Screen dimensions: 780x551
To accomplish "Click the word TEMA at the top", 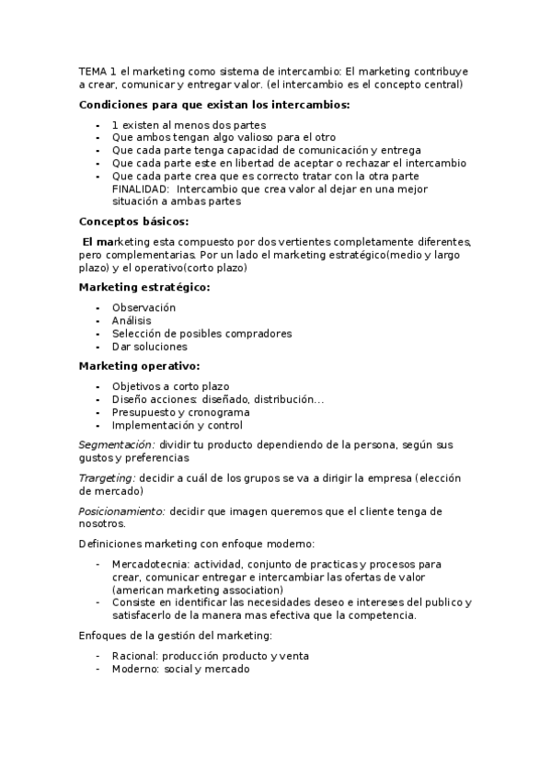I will [x=92, y=71].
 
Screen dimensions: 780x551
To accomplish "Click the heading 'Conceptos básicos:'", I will [x=134, y=222].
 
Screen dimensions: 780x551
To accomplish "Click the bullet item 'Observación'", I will [x=143, y=307].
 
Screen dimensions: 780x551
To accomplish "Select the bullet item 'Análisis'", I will [x=132, y=320].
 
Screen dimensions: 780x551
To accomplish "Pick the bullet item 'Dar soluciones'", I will [x=149, y=347].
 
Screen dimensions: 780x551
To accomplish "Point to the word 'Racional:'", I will [x=134, y=656].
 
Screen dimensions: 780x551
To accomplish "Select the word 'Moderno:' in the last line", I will [x=135, y=670].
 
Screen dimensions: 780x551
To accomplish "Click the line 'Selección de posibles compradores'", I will [x=201, y=333].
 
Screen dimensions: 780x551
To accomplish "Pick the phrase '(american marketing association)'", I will [x=197, y=590].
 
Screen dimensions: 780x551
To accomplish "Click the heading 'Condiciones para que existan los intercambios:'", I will [x=214, y=105].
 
